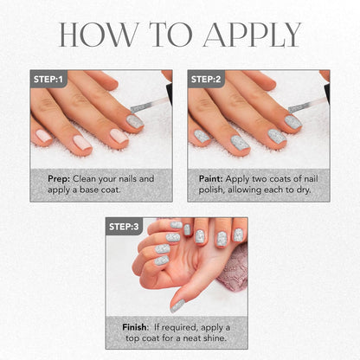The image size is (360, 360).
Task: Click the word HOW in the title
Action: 98,35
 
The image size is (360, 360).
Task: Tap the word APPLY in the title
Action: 252,35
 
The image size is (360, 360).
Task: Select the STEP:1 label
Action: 48,79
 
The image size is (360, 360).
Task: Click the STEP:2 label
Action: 206,79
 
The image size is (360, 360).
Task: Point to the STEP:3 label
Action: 124,227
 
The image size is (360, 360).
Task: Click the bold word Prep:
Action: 59,179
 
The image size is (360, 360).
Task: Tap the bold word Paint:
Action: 210,179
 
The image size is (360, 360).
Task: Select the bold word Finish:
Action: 135,327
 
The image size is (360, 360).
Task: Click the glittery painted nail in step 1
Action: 135,121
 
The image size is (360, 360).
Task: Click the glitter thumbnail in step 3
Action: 177,305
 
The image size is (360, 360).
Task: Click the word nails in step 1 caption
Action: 126,179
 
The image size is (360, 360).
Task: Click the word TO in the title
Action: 170,35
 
